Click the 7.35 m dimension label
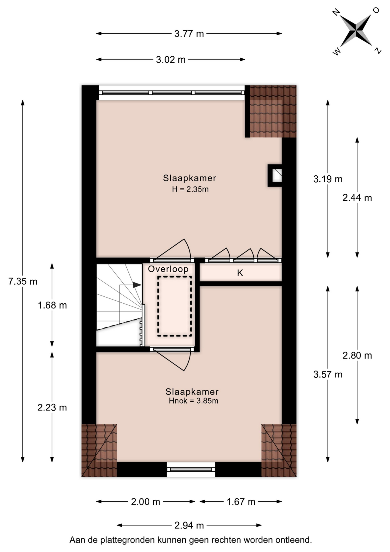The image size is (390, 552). tap(23, 281)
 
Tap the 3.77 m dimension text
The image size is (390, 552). tap(189, 34)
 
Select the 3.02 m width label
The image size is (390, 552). tap(171, 60)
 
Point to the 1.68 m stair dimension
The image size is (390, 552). tap(52, 305)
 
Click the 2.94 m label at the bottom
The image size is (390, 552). tap(189, 525)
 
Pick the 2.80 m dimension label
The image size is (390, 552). tap(357, 356)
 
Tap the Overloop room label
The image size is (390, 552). tap(168, 269)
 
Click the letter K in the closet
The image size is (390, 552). tap(240, 273)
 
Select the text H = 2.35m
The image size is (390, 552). tap(190, 189)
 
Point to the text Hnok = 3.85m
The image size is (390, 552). tap(193, 401)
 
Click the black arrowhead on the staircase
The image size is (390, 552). tap(137, 285)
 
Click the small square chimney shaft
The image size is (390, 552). tap(275, 175)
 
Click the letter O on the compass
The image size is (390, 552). tap(376, 10)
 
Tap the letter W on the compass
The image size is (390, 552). tap(337, 52)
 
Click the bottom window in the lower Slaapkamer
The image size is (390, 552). tap(191, 469)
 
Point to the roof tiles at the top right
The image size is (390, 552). tap(273, 112)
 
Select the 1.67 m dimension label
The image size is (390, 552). tap(241, 502)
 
